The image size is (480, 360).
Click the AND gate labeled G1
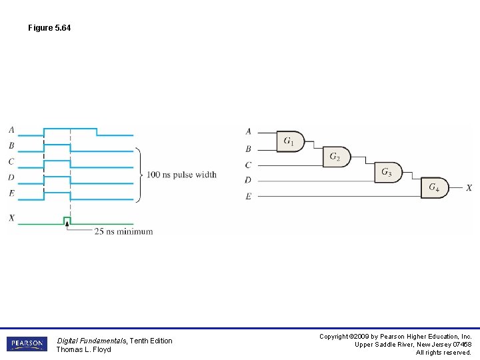coord(290,141)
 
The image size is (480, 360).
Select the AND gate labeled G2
coord(336,157)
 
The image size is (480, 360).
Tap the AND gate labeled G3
coord(388,172)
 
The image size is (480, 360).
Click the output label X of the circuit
coord(469,189)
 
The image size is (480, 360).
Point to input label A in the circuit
coord(248,131)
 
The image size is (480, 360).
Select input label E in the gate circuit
coord(248,196)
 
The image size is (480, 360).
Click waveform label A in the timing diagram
coord(11,129)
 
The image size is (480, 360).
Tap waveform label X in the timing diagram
coord(11,217)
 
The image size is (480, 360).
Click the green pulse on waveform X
coord(67,219)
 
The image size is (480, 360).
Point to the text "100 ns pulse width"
coord(181,175)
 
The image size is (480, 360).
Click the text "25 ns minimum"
coord(123,231)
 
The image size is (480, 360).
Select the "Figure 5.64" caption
coord(49,28)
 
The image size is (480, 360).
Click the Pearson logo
coord(27,344)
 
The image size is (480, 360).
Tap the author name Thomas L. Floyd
coord(83,349)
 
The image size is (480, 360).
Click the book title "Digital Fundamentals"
coord(91,341)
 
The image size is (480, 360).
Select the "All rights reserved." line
coord(443,353)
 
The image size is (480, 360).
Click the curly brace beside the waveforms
coord(139,175)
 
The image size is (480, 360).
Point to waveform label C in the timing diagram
coord(11,161)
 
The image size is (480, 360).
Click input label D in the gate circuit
coord(248,180)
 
